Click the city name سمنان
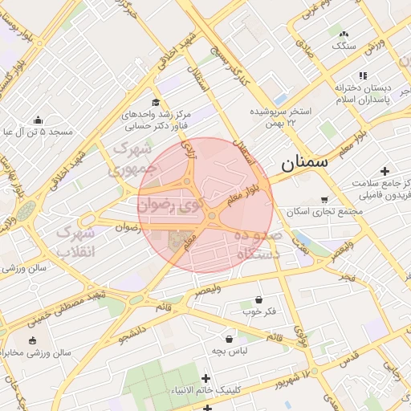click(305, 163)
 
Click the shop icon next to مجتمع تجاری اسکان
click(324, 199)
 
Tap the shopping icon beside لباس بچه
click(230, 339)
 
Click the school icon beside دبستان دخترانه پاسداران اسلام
click(363, 75)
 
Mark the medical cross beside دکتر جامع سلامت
click(385, 171)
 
